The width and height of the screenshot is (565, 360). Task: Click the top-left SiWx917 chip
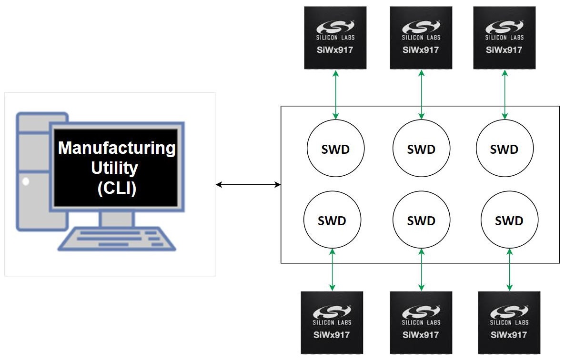(335, 38)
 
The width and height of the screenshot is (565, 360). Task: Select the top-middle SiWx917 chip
(421, 38)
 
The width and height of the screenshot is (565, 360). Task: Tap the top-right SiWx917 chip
(504, 38)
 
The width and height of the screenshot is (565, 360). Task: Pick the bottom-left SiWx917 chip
(332, 322)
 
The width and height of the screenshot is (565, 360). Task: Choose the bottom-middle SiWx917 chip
(421, 322)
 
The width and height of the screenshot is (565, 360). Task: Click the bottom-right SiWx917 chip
(509, 322)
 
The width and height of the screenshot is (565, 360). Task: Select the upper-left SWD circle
(335, 149)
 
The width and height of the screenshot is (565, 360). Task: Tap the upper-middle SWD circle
(421, 149)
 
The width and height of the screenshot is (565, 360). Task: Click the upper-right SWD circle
(504, 149)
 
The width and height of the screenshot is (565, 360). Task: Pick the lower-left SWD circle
(332, 220)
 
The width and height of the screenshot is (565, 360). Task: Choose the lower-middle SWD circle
(421, 220)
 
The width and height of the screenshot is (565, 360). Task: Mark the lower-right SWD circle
(509, 220)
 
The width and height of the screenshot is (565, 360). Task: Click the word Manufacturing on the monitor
(117, 148)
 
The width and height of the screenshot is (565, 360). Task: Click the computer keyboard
(117, 238)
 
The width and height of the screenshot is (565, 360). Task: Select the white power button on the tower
(26, 181)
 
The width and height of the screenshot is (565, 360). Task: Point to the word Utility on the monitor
(117, 168)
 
